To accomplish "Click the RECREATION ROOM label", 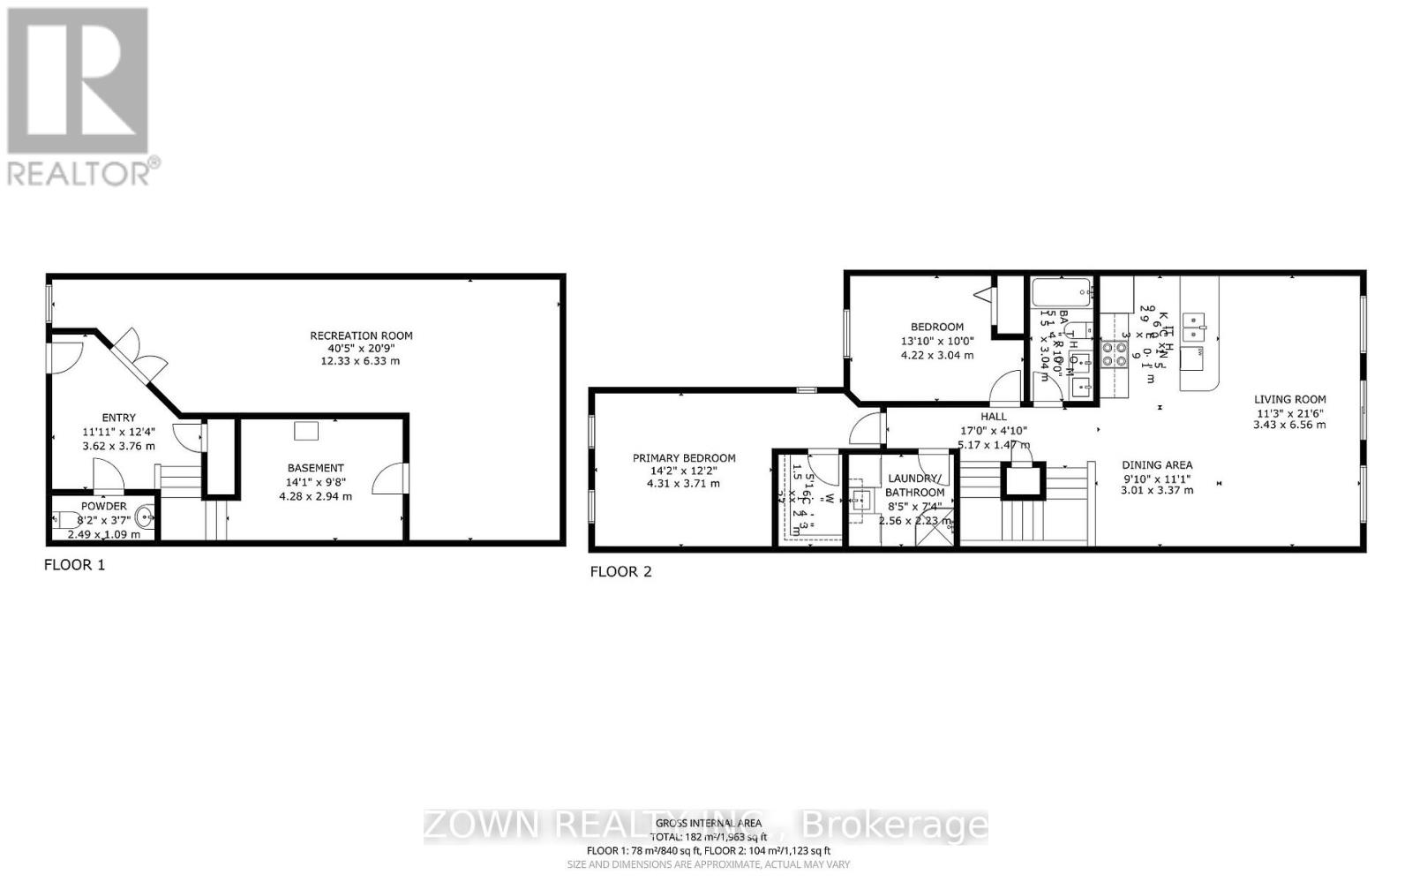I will click(361, 335).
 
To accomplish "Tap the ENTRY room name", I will click(119, 418).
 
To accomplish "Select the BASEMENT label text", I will click(315, 468).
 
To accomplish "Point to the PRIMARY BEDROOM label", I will click(684, 458).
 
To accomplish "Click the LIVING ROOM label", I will click(1289, 399).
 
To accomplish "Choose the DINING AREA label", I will click(1157, 465).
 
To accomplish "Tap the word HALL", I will click(994, 417).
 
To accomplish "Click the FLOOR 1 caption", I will click(74, 565).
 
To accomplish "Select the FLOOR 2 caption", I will click(620, 572).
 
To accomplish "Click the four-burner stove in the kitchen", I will click(1114, 354).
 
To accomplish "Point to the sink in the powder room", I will click(145, 520).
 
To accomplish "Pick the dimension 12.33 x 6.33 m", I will click(361, 361).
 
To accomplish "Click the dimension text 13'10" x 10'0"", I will click(937, 342).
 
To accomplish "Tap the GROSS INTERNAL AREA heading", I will click(708, 824).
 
